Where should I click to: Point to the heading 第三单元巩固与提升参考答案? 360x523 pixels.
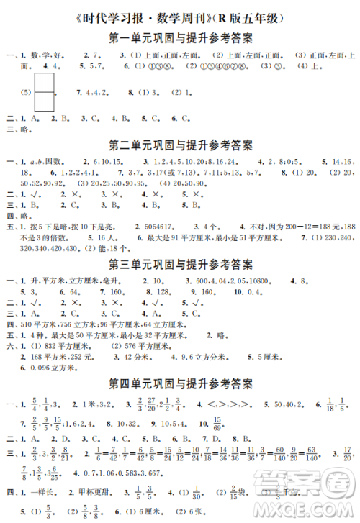pos(180,263)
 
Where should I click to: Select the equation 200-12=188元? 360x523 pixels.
pos(315,227)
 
